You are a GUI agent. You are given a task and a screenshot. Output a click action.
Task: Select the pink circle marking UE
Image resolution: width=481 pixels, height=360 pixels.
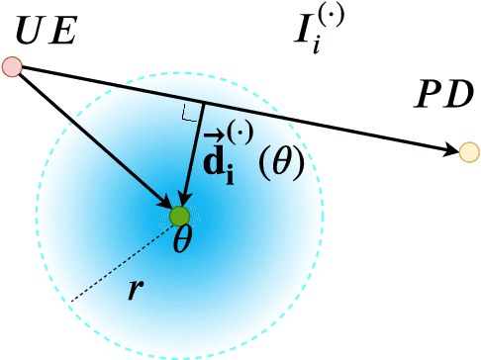12,67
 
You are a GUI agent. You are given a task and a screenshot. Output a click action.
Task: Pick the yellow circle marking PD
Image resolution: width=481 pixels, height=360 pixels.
469,151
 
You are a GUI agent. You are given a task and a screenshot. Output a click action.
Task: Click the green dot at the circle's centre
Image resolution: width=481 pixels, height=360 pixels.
179,216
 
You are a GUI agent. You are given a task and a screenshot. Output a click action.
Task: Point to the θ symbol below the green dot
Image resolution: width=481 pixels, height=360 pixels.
181,241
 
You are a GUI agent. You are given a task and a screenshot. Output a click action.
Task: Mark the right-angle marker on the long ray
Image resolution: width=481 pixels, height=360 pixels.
189,114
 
